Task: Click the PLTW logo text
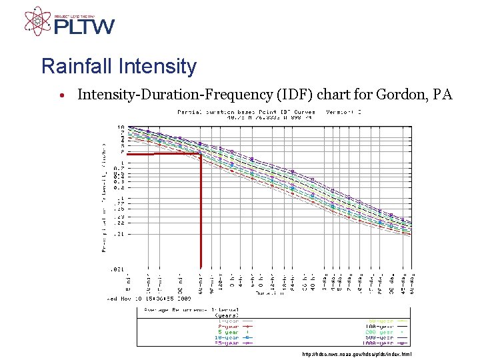(x=84, y=27)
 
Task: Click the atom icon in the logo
(x=37, y=21)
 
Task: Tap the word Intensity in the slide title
(x=157, y=67)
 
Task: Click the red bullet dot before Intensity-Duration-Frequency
(x=61, y=96)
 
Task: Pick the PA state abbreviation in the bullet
(x=443, y=95)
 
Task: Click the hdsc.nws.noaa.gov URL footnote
(x=357, y=354)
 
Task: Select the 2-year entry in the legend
(x=228, y=325)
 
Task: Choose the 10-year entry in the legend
(x=227, y=337)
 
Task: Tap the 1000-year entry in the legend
(x=382, y=343)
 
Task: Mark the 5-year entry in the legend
(x=228, y=331)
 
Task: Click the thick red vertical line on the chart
(x=201, y=213)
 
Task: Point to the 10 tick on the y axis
(x=120, y=127)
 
